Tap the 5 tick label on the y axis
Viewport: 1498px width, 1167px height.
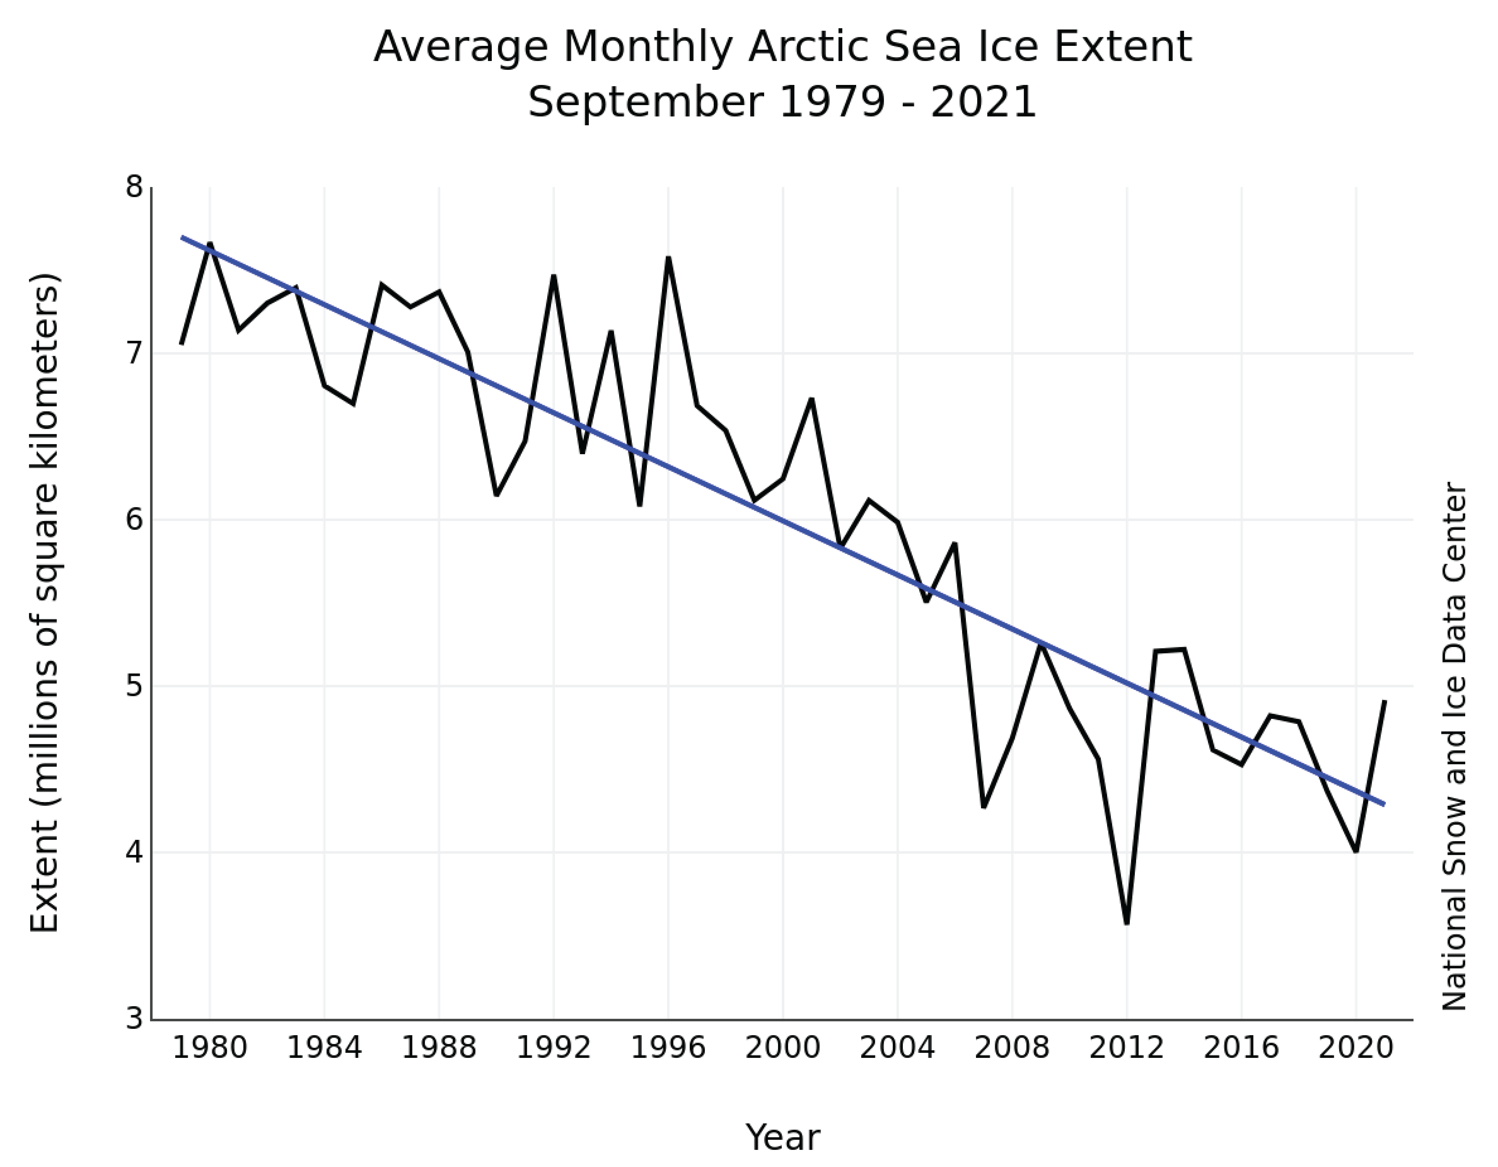[134, 686]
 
